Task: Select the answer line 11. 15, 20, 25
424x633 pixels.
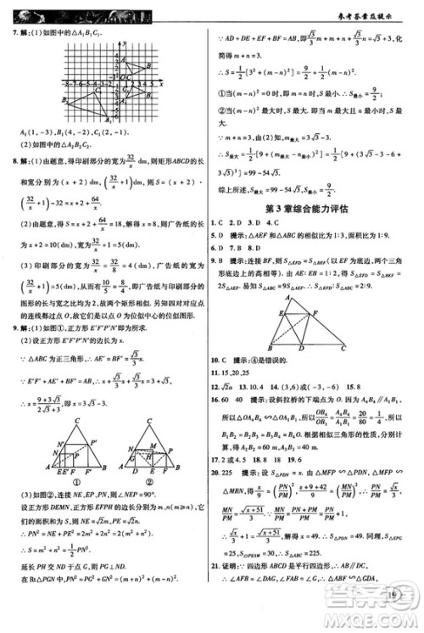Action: coord(242,373)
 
